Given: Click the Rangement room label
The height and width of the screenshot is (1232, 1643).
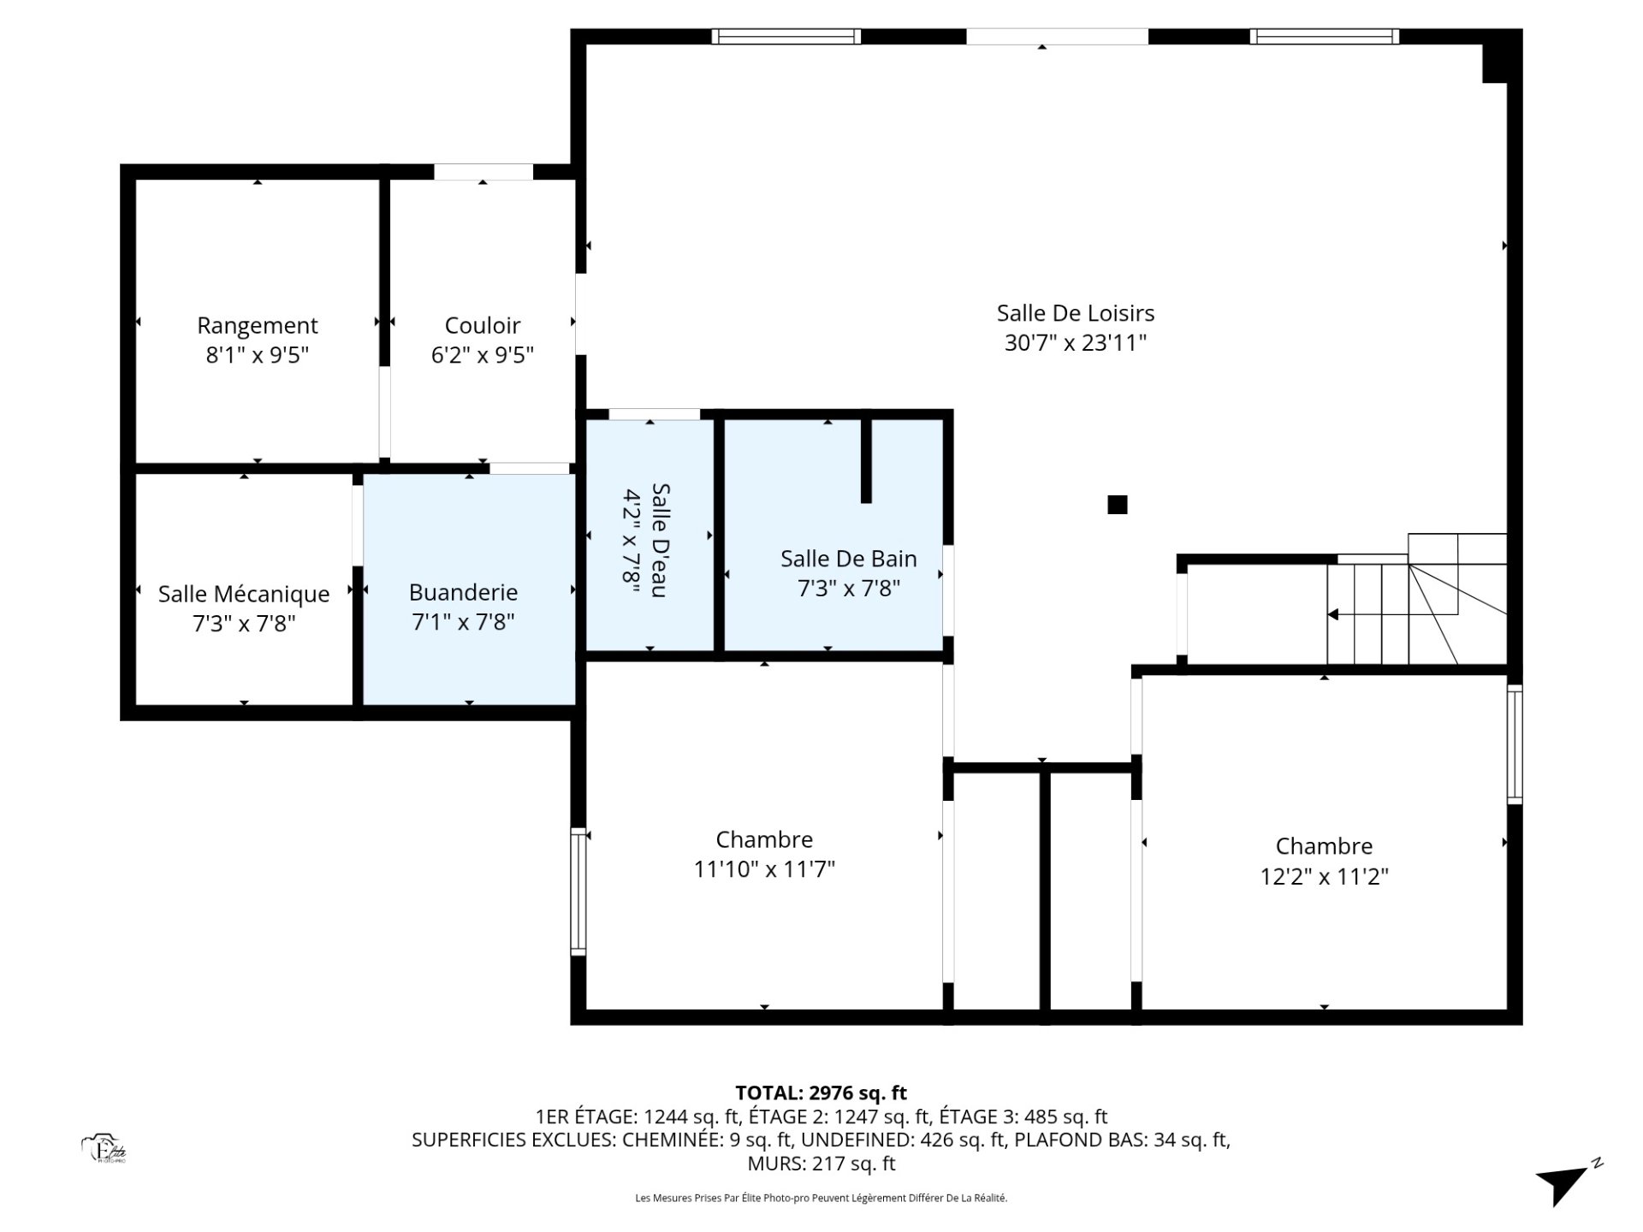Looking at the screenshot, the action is click(257, 326).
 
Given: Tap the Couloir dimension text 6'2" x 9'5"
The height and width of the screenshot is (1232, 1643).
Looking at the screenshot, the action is click(483, 355).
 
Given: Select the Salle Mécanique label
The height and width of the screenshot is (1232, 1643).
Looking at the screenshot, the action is click(244, 594).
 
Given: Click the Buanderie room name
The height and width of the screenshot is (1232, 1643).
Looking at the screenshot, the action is click(463, 592).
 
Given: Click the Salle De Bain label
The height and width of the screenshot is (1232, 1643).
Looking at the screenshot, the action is click(849, 560).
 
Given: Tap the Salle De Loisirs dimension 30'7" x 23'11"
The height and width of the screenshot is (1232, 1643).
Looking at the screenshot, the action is click(1076, 343).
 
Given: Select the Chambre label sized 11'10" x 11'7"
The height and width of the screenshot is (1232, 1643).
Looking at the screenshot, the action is click(764, 839).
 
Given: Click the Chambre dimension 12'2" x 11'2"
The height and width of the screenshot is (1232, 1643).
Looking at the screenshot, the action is click(1325, 877).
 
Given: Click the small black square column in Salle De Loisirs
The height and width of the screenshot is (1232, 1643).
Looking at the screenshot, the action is click(1118, 505).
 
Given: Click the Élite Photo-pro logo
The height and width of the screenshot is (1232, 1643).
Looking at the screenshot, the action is click(104, 1149).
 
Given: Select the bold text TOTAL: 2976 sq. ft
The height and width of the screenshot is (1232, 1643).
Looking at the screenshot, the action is click(821, 1093).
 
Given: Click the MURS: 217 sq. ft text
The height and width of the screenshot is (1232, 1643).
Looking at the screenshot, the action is click(821, 1164).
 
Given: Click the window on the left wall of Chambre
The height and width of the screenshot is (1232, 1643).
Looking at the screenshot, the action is click(579, 891).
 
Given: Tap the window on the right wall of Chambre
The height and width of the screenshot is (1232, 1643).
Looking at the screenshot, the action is click(1515, 744).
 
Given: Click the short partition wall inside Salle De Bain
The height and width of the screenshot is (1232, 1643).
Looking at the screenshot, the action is click(866, 460).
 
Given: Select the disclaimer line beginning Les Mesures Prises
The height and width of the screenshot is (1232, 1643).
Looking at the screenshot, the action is click(821, 1199).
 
